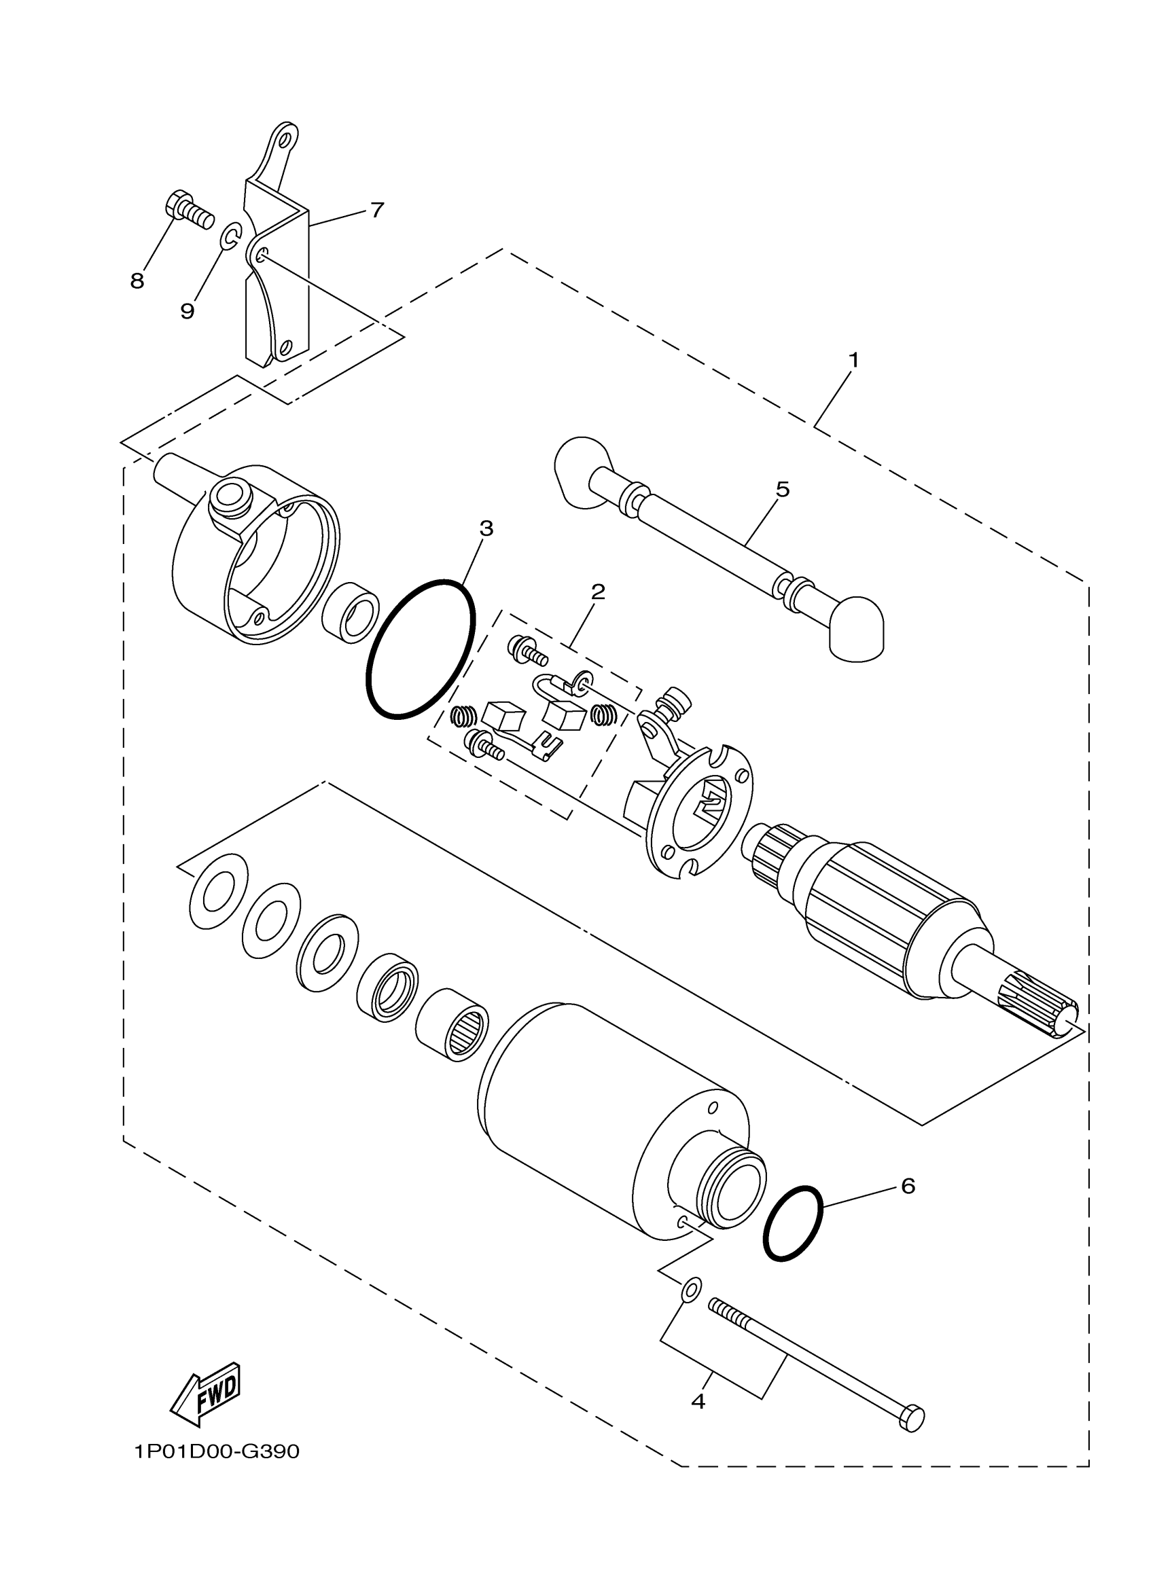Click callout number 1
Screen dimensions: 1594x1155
853,361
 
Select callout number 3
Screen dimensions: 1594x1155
486,528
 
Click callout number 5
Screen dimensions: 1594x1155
783,489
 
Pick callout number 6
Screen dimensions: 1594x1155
908,1187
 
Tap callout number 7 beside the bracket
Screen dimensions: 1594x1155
378,209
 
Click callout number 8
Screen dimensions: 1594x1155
137,281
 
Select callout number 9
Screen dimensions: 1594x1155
187,310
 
